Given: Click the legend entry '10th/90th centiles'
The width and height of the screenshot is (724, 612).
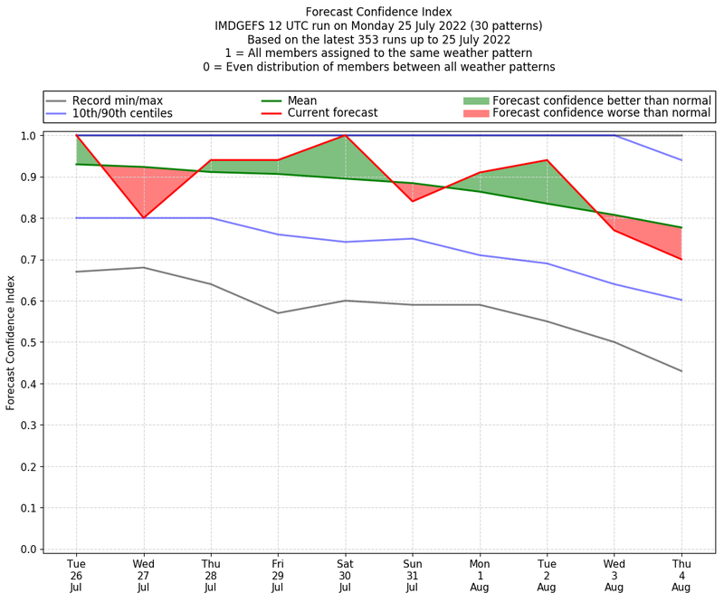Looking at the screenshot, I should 122,113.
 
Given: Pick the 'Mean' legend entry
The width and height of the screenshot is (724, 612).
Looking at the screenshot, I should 302,100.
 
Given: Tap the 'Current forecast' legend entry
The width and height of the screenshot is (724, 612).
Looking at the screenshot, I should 332,113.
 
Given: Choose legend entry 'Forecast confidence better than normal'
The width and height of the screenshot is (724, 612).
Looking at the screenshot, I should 601,100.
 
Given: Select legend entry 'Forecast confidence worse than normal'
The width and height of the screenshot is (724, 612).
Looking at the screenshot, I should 601,113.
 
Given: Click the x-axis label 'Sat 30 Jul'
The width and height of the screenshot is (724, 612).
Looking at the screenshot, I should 345,576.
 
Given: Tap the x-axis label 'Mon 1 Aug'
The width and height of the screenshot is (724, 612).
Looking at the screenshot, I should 480,576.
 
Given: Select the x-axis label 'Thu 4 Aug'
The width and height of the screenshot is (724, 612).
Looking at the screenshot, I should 681,576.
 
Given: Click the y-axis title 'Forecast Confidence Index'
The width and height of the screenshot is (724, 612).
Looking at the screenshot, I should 11,342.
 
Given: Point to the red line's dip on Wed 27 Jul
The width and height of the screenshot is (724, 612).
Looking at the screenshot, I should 143,218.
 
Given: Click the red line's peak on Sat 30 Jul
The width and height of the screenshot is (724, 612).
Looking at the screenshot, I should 345,136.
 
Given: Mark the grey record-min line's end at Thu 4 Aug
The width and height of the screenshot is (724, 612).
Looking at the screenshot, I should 681,371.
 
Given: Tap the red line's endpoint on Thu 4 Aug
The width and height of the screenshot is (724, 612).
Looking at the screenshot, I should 681,259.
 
